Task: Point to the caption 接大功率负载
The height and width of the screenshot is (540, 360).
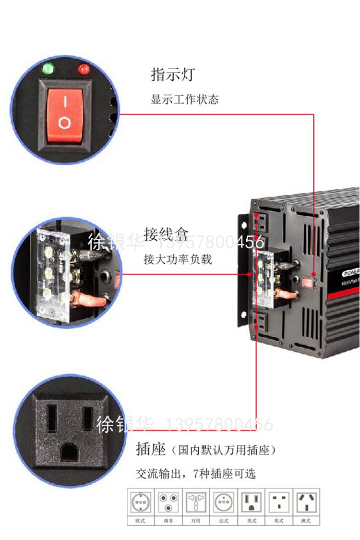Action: (178, 259)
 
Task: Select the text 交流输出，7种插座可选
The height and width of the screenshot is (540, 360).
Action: (196, 474)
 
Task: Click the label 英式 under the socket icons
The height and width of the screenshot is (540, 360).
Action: (279, 521)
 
